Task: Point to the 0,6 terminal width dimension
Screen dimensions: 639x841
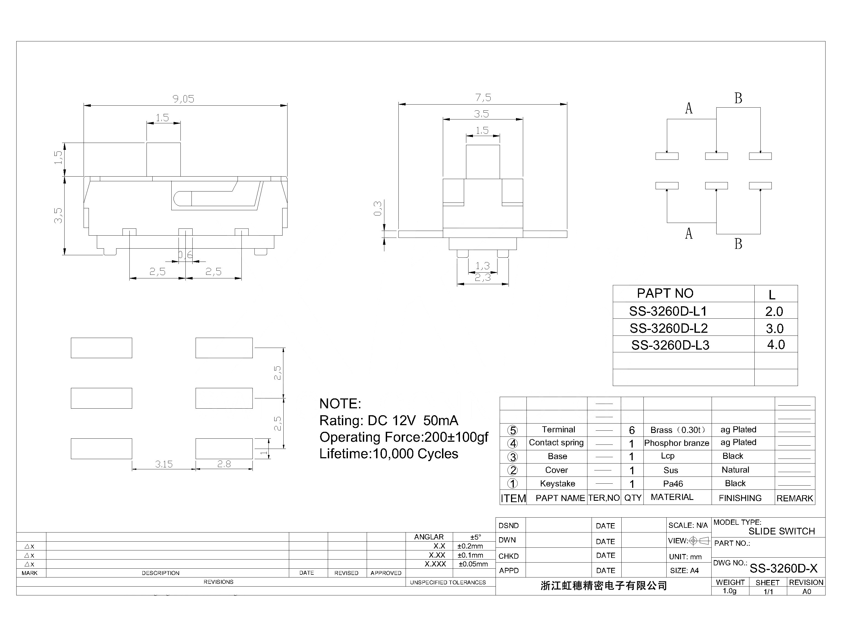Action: [186, 254]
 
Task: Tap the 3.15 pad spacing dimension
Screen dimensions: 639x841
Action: [164, 464]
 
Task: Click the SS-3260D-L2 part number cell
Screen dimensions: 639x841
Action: [668, 328]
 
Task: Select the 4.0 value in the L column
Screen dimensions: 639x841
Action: [776, 345]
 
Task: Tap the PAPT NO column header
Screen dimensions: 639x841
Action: [665, 293]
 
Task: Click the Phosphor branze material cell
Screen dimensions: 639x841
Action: [676, 443]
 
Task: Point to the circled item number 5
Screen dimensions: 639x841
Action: [512, 430]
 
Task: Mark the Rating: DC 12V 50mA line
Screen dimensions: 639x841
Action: [388, 420]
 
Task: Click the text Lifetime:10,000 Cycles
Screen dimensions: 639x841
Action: [388, 454]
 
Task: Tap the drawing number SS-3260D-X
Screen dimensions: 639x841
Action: [783, 568]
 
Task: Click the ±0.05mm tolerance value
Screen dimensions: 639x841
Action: [473, 564]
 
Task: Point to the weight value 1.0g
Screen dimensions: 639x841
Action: [729, 591]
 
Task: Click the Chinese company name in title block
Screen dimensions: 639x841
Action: [604, 586]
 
